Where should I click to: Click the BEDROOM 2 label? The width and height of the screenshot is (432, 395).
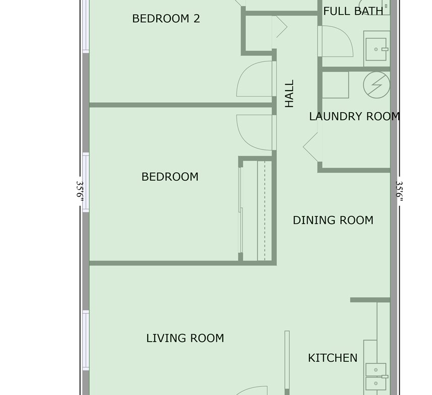pyautogui.click(x=166, y=19)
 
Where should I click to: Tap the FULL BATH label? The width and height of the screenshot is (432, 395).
pyautogui.click(x=353, y=11)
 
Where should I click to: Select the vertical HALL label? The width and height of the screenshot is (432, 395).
pyautogui.click(x=289, y=94)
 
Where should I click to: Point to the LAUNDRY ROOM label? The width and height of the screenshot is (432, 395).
pyautogui.click(x=354, y=117)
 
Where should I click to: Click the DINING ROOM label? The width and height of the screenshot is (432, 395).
pyautogui.click(x=333, y=220)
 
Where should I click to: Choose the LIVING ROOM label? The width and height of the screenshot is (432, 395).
pyautogui.click(x=185, y=338)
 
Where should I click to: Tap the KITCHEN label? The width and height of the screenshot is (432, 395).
pyautogui.click(x=333, y=358)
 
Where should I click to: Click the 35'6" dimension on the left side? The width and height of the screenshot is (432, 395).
pyautogui.click(x=80, y=191)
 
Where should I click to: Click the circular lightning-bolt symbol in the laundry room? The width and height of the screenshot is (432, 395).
pyautogui.click(x=377, y=85)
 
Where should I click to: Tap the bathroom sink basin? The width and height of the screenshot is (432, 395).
pyautogui.click(x=376, y=49)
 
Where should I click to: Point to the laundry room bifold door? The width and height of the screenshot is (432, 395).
pyautogui.click(x=311, y=147)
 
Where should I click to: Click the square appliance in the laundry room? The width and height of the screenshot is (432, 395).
pyautogui.click(x=335, y=85)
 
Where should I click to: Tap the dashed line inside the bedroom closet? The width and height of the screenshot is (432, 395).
pyautogui.click(x=265, y=211)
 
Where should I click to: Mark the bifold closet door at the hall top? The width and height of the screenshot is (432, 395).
pyautogui.click(x=280, y=27)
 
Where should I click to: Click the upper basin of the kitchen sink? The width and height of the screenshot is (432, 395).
pyautogui.click(x=376, y=370)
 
